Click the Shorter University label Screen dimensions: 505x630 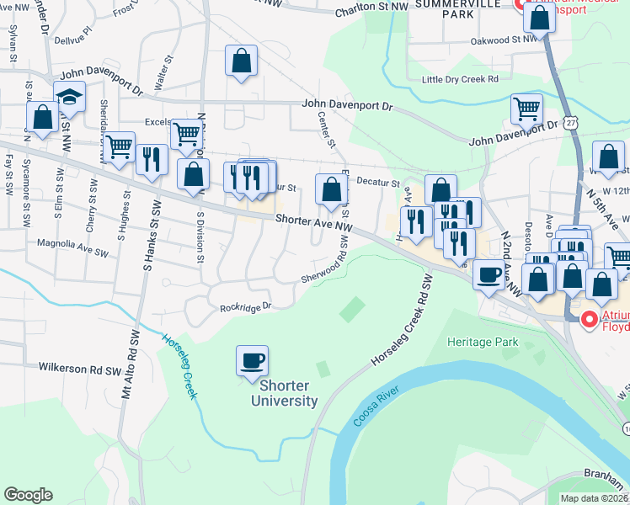284,393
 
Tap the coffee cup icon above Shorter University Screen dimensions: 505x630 252,362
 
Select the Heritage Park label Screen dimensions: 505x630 483,343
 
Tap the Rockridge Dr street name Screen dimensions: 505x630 246,307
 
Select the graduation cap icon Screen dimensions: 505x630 70,97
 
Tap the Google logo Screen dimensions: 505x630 28,495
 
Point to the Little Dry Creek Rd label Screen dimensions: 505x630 460,79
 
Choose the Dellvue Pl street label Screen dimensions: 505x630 72,38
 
